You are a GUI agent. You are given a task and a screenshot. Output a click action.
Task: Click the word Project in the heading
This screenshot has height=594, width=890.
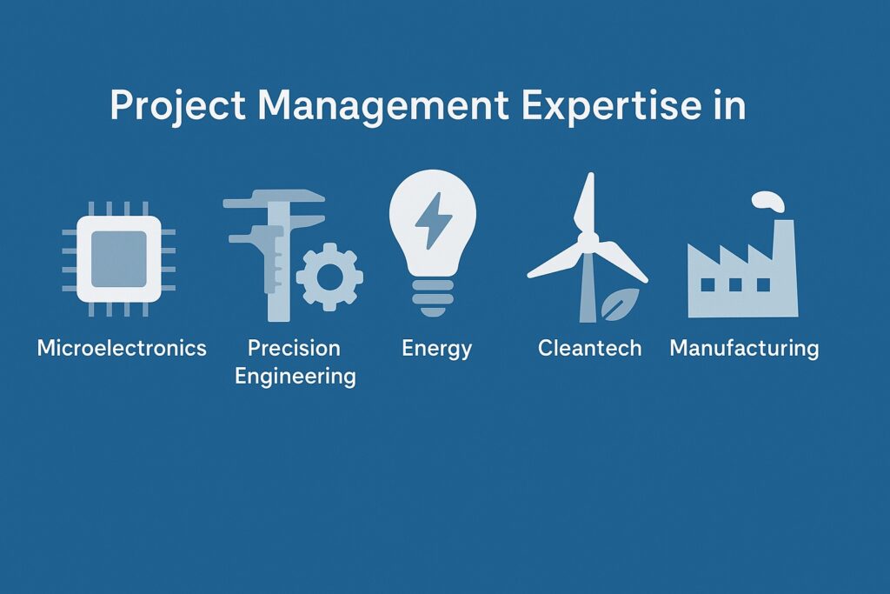coord(177,105)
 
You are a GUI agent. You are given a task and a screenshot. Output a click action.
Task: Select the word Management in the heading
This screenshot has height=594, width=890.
coord(383,105)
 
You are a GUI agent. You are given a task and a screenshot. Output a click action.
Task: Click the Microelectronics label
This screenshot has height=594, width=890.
coord(122,348)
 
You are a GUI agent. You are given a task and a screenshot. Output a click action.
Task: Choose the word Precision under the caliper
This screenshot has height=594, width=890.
coord(294,348)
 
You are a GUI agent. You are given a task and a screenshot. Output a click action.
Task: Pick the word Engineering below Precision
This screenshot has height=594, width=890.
coord(296,377)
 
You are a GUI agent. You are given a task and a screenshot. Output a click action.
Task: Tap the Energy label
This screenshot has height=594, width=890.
coord(436,349)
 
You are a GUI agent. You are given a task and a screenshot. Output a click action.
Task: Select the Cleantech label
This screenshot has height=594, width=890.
coord(590,348)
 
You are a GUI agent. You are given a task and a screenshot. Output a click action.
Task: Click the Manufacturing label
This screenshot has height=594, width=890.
coord(744,348)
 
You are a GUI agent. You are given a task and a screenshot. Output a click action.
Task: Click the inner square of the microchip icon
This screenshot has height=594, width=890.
coord(118,259)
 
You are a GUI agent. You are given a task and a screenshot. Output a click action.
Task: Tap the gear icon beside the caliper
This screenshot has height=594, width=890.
coord(329,277)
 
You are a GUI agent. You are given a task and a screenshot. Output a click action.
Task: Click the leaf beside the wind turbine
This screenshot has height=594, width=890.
coord(621,304)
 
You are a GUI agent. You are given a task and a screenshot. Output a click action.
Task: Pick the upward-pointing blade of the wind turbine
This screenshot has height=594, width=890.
coord(586,204)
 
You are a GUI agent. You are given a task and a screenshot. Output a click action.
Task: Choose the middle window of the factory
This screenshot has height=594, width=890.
coord(735,284)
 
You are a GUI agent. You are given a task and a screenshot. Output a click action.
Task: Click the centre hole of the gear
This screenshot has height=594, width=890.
coord(329,277)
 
